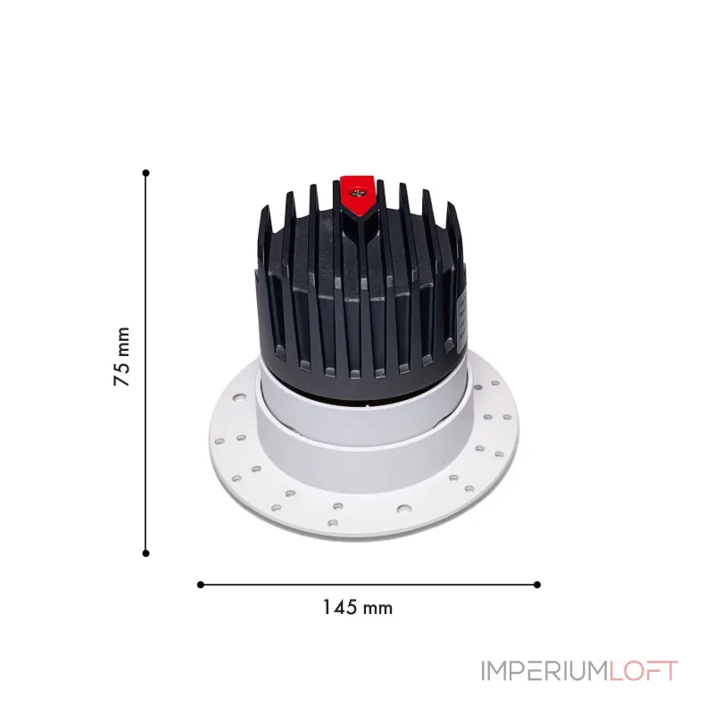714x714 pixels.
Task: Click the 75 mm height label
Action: pos(122,356)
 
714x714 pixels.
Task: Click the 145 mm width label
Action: pos(357,608)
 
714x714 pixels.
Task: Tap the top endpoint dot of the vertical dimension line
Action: pos(145,172)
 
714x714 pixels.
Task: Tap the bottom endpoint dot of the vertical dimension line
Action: pos(145,553)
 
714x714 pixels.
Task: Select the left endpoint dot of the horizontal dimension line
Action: pos(200,585)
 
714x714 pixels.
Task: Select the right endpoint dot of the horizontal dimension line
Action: pos(537,585)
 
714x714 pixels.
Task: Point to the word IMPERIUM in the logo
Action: pos(544,670)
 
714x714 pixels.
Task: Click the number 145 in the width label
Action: pos(339,608)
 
